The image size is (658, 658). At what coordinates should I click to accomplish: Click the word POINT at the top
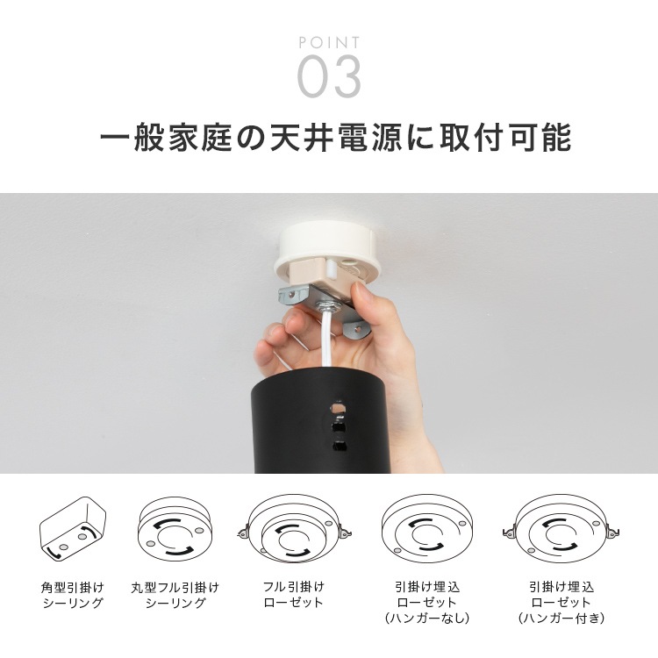pyautogui.click(x=329, y=42)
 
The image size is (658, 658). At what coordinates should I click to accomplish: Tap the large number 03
pyautogui.click(x=329, y=77)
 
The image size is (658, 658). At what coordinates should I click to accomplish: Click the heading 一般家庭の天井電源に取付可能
pyautogui.click(x=335, y=137)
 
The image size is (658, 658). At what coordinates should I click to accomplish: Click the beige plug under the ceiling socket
pyautogui.click(x=320, y=274)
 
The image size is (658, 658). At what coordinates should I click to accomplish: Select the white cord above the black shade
pyautogui.click(x=326, y=339)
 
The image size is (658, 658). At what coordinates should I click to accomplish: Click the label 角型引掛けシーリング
pyautogui.click(x=73, y=595)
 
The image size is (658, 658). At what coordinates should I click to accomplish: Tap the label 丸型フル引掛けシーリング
pyautogui.click(x=175, y=595)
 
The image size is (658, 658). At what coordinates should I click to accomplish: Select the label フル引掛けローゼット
pyautogui.click(x=294, y=594)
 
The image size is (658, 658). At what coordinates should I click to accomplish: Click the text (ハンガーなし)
pyautogui.click(x=426, y=619)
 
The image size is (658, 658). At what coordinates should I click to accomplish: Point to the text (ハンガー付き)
pyautogui.click(x=561, y=619)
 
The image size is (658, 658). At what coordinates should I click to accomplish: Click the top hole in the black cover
pyautogui.click(x=338, y=407)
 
